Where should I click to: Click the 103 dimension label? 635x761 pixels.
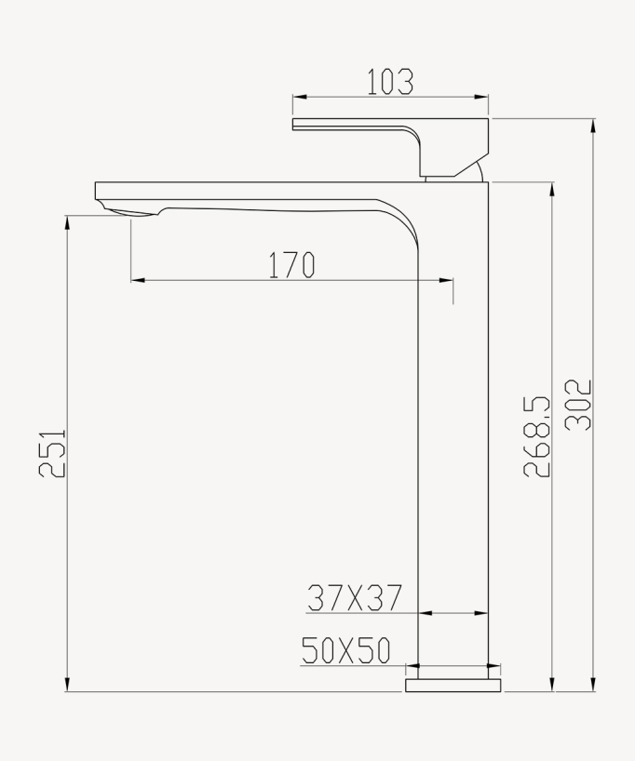tap(390, 82)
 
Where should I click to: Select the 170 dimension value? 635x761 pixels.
tap(292, 266)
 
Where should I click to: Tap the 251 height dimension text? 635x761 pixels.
tap(53, 453)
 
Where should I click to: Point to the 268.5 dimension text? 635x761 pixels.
tap(537, 436)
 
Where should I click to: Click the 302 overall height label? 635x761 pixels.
tap(580, 405)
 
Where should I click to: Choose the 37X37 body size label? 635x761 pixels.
tap(355, 598)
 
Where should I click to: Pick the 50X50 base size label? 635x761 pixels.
tap(346, 651)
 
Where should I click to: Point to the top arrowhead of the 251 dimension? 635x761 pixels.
tap(67, 221)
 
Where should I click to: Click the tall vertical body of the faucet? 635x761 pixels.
tap(454, 419)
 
